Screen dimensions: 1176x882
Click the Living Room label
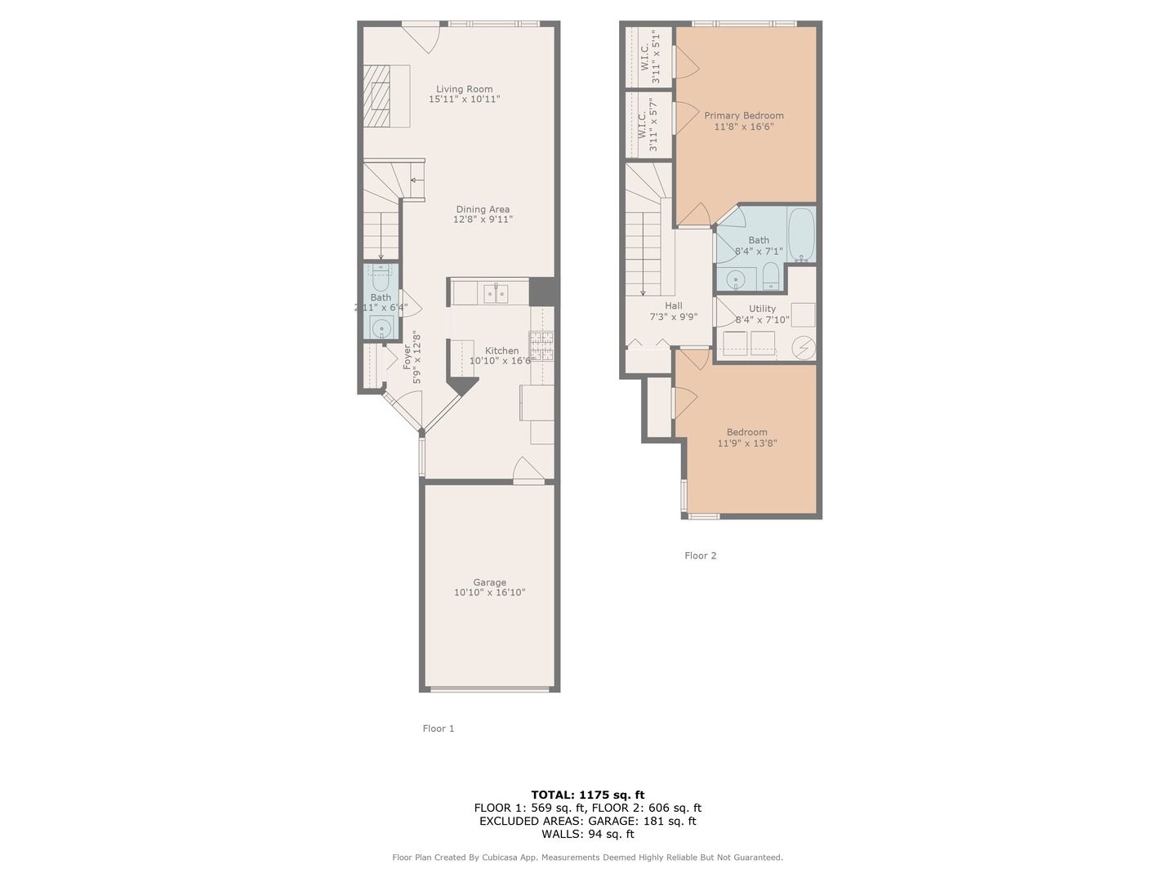pos(463,89)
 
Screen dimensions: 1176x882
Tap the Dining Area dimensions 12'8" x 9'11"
pos(482,219)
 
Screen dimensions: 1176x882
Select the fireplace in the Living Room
pos(376,96)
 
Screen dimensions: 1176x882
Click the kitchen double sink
pos(496,293)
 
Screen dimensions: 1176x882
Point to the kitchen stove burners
pos(541,345)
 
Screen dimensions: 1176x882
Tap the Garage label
pos(489,582)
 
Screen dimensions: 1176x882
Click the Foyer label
pos(408,357)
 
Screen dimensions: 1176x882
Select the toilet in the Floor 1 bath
pos(381,278)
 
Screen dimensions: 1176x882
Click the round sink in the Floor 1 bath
pos(381,327)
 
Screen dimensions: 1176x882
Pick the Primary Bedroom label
pos(744,115)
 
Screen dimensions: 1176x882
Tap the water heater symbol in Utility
pos(803,348)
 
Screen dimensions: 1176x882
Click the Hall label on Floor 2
pos(674,305)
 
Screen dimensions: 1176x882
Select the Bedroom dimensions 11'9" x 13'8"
pos(747,443)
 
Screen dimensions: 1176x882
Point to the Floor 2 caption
pos(700,555)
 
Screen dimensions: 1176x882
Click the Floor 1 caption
pos(439,728)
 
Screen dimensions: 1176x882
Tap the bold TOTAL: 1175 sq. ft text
pos(588,795)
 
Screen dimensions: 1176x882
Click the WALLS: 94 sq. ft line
pos(588,834)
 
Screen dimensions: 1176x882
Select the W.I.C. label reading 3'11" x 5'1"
pos(649,56)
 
